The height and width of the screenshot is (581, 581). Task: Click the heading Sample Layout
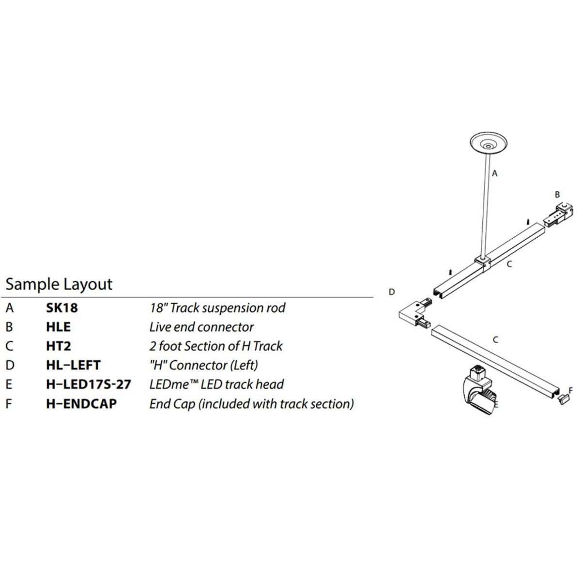coord(59,284)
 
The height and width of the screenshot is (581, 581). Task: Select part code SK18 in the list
coord(61,307)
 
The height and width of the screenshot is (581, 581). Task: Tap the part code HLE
coord(58,327)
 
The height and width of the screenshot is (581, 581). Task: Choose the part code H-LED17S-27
coord(89,384)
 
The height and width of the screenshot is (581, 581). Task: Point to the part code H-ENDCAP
coord(81,403)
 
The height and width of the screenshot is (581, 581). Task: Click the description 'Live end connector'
coord(201,327)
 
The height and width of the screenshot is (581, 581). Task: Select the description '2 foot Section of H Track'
coord(215,346)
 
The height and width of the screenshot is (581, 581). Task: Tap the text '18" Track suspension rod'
coord(217,307)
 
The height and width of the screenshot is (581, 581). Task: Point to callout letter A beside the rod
coord(495,172)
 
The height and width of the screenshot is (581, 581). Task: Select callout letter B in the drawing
coord(557,194)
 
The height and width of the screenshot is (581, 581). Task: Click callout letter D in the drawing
coord(392,292)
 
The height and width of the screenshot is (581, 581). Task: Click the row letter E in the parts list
coord(9,384)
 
